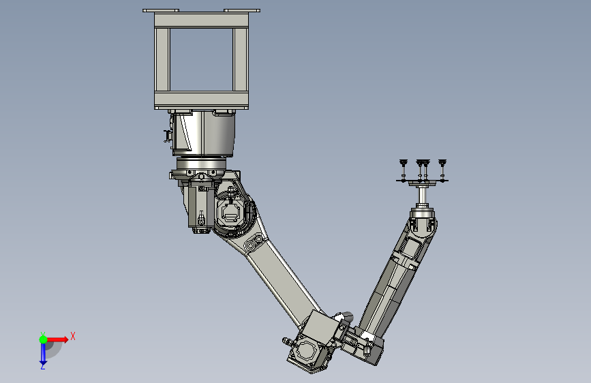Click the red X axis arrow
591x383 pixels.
click(x=57, y=339)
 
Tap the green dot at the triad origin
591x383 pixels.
click(x=43, y=339)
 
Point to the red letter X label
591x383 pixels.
click(x=73, y=336)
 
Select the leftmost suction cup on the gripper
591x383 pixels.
click(x=404, y=163)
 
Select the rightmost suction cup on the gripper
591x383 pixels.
click(x=442, y=163)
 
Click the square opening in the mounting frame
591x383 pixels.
click(x=201, y=59)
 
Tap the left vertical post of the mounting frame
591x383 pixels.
click(x=162, y=59)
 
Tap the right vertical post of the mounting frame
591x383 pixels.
click(x=241, y=59)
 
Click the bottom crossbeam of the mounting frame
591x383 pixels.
click(x=201, y=100)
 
